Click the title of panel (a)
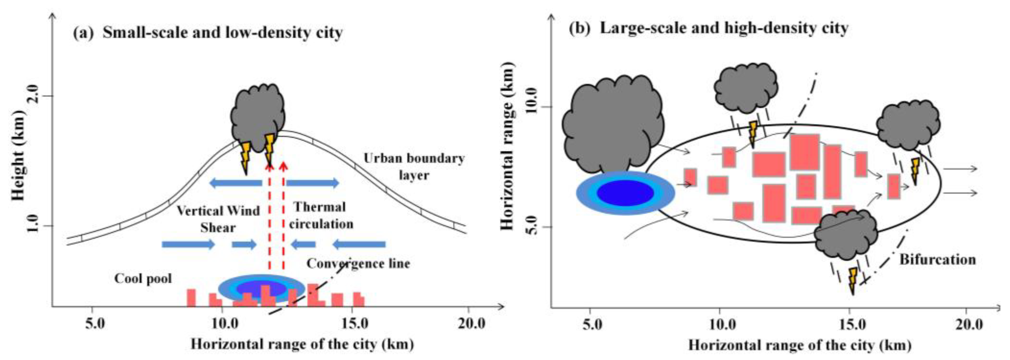[208, 32]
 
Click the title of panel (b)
[709, 28]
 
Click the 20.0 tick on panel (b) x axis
[965, 325]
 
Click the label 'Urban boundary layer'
[414, 166]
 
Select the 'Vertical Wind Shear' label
[218, 219]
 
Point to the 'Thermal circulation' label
[321, 215]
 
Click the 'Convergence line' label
[358, 263]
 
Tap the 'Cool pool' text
[143, 278]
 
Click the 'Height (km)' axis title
[18, 155]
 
